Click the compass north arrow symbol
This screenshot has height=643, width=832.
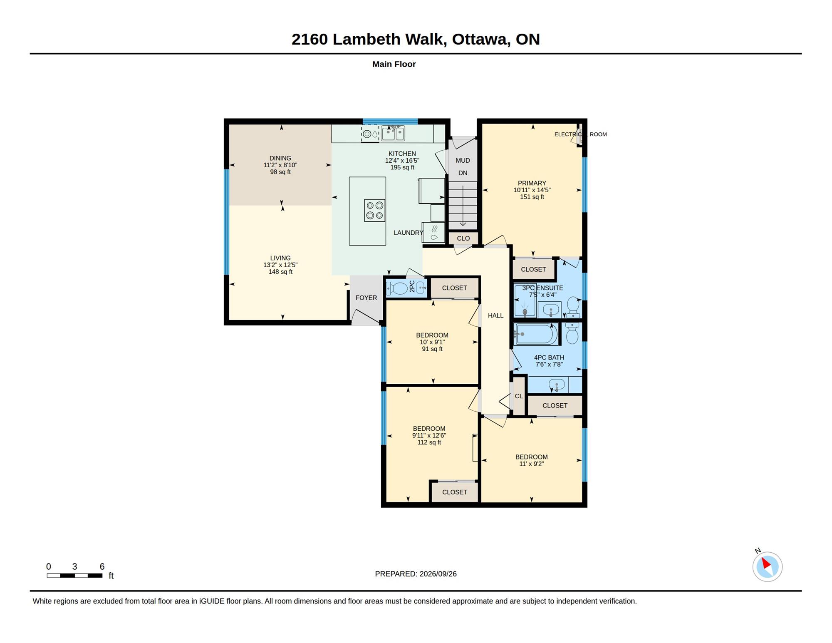point(767,566)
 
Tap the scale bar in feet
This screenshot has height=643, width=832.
point(74,576)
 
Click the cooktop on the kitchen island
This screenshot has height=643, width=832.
point(374,210)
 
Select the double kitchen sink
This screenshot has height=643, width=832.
point(393,133)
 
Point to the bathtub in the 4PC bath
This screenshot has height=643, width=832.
point(536,334)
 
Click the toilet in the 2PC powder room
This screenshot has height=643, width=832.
point(398,288)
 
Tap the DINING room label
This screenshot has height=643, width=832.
point(280,158)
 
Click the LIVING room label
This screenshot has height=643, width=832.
point(280,258)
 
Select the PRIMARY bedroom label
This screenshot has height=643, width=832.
point(532,183)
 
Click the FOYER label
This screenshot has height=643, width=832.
point(366,298)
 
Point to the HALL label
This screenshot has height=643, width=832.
point(495,315)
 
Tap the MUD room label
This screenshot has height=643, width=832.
point(463,160)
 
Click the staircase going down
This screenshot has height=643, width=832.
point(463,206)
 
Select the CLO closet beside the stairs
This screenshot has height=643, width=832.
point(463,238)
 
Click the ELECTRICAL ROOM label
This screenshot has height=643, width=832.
point(580,134)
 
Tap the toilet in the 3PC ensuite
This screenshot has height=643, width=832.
point(573,307)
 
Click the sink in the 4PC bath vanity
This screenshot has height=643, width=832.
point(557,385)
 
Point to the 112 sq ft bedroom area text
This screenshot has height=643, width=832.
point(429,442)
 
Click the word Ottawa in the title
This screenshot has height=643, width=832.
point(481,39)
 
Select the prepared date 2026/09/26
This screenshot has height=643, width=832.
point(438,574)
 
